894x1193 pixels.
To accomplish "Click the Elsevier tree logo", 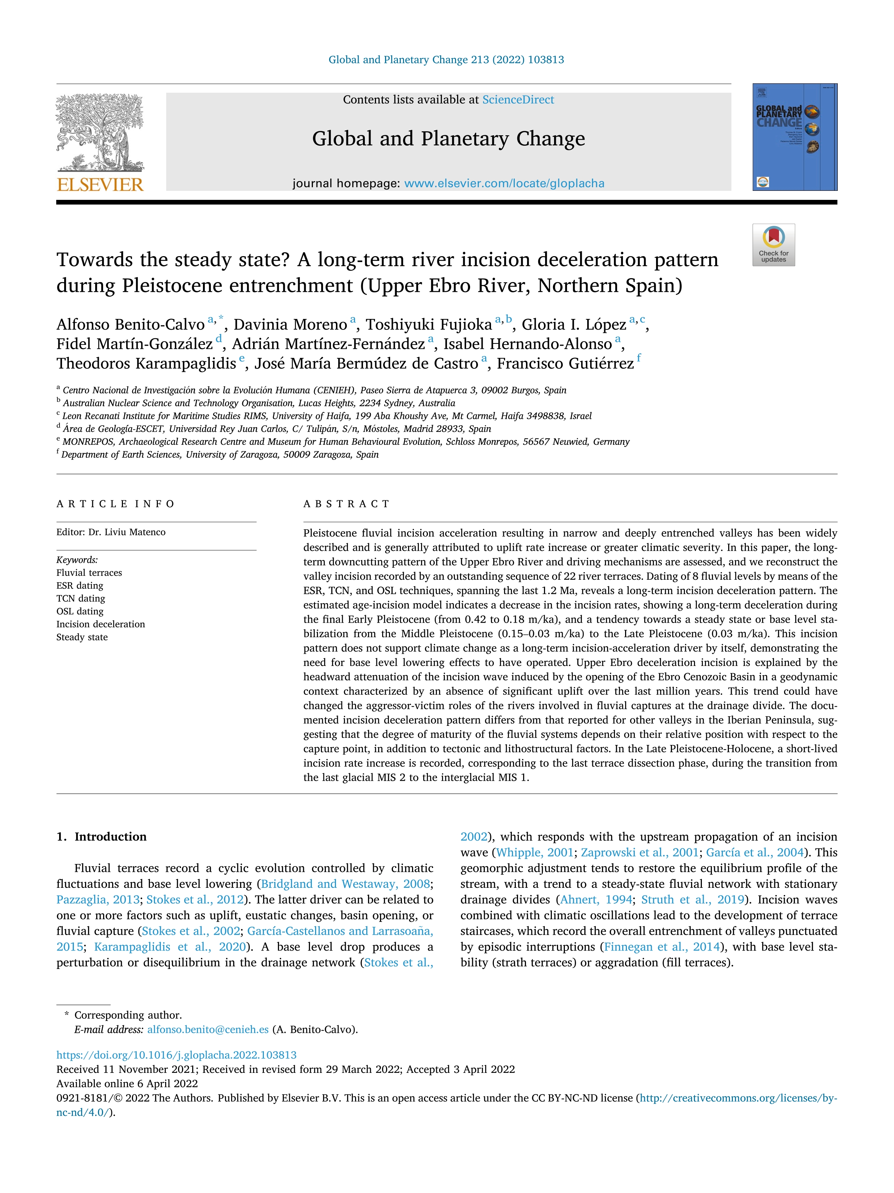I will [x=100, y=132].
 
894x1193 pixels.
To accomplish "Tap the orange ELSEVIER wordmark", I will [x=100, y=185].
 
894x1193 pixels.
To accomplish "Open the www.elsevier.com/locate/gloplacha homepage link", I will [x=504, y=183].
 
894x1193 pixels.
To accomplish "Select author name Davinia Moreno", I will [x=290, y=325].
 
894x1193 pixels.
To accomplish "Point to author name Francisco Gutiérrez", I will [x=565, y=364].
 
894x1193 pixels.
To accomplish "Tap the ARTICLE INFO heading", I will [x=115, y=504].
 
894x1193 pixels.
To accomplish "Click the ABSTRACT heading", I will [x=346, y=504].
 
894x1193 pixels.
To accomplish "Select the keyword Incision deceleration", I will [x=101, y=624].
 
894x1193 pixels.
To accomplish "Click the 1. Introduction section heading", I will [x=102, y=837].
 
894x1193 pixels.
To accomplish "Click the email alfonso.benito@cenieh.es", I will [x=208, y=1029].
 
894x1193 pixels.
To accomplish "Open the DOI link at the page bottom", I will [x=176, y=1054].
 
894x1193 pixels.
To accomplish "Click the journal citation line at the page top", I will [x=446, y=60].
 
